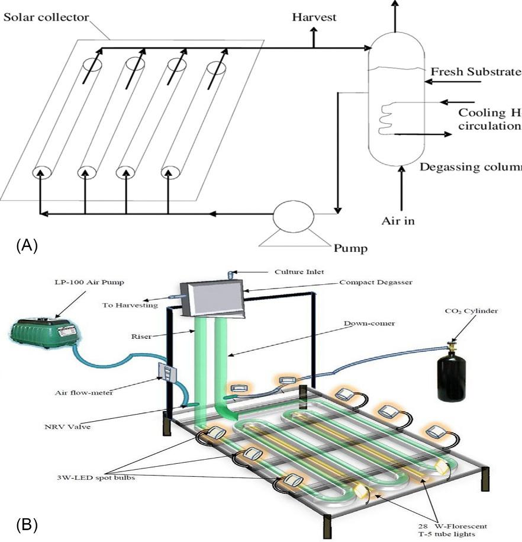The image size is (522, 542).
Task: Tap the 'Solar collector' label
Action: [46, 17]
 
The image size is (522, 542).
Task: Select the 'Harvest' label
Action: [314, 17]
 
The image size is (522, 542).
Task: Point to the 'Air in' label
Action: [398, 221]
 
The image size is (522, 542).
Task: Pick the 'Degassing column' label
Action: [471, 167]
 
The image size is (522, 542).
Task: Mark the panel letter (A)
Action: [27, 245]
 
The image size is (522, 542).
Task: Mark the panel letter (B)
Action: [27, 524]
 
